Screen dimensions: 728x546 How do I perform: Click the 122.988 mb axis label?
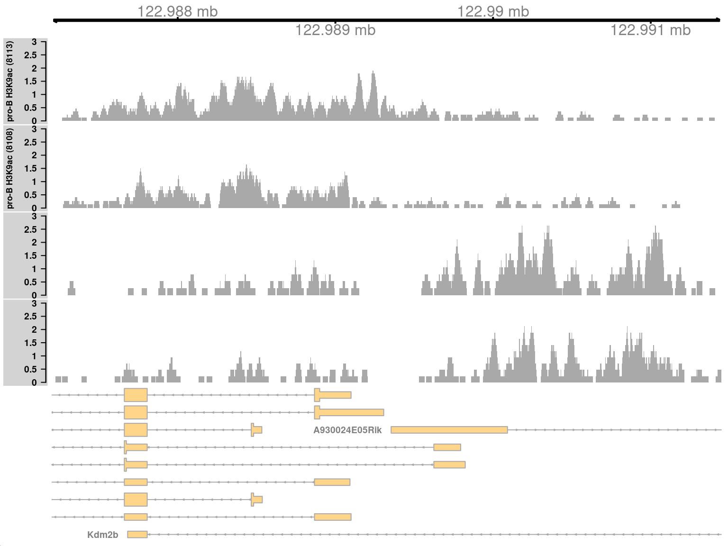click(177, 11)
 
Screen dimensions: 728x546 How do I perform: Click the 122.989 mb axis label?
click(335, 30)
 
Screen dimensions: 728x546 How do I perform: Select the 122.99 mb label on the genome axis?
click(493, 11)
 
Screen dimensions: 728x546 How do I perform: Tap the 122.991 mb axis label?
click(650, 30)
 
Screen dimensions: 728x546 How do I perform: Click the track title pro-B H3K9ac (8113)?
click(10, 81)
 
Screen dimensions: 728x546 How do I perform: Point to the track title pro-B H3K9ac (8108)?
click(10, 168)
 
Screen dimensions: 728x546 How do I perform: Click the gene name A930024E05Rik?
click(347, 430)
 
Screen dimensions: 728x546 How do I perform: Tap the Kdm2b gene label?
click(102, 535)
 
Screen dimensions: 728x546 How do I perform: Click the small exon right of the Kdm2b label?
click(137, 535)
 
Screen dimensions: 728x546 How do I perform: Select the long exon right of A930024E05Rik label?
click(449, 430)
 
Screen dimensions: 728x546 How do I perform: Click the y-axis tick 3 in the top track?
click(34, 42)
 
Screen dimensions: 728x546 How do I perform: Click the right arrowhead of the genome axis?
click(718, 20)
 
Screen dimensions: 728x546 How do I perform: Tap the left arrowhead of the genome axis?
click(55, 20)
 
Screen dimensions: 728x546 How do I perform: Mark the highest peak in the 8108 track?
click(246, 166)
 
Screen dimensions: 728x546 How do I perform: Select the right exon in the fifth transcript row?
click(449, 465)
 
